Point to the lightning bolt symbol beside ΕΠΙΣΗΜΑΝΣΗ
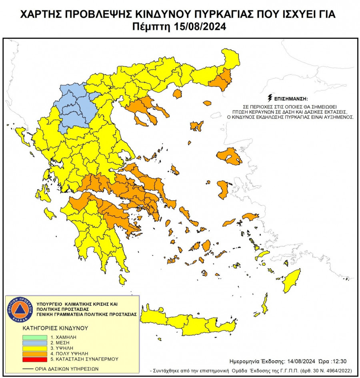coord(270,98)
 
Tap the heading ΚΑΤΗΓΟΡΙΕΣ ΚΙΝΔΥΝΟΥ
coord(55,328)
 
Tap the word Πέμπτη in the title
coord(152,27)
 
